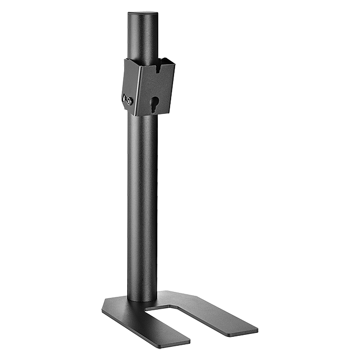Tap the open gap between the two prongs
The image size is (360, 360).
pos(197,321)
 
